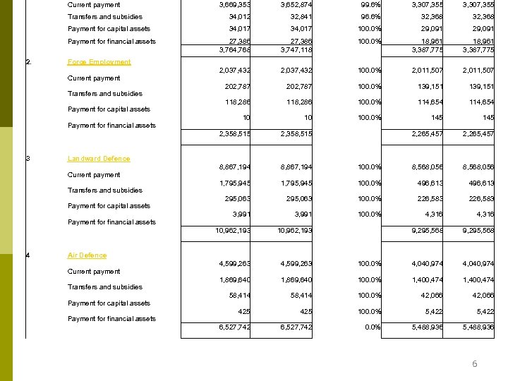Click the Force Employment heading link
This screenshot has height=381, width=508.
click(x=99, y=62)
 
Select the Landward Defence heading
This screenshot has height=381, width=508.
click(x=99, y=159)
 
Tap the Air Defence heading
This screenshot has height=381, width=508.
click(x=87, y=255)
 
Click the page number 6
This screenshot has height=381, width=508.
click(x=475, y=364)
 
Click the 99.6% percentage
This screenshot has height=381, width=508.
click(x=368, y=5)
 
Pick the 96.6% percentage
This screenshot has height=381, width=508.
click(x=368, y=17)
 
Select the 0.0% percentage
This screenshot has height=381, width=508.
click(x=370, y=327)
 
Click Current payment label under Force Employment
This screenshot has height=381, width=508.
click(x=94, y=78)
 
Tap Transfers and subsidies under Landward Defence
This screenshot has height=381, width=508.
click(x=105, y=190)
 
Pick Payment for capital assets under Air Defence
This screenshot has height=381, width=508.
click(x=109, y=303)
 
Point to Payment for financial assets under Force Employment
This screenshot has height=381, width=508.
click(x=111, y=126)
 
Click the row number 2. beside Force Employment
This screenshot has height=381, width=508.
click(x=28, y=62)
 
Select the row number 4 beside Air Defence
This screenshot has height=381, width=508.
click(x=28, y=255)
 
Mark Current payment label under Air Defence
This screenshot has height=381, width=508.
click(x=94, y=272)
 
